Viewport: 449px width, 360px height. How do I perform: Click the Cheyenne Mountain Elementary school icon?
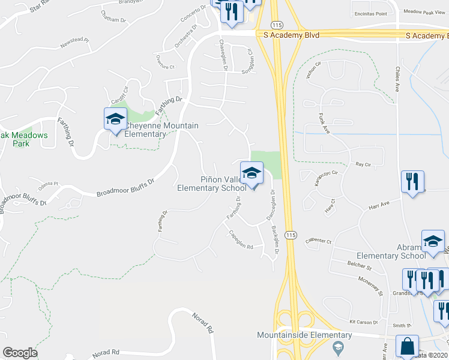[115, 119]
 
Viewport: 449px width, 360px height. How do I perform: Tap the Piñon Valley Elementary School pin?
[252, 173]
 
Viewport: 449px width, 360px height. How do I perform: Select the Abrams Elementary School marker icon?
[432, 242]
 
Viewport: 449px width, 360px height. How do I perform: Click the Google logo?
[20, 353]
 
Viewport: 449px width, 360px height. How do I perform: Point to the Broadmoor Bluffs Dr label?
[125, 186]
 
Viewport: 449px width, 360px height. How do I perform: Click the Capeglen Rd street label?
[240, 241]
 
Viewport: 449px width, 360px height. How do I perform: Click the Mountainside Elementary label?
[304, 335]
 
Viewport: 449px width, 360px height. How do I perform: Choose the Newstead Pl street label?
[74, 44]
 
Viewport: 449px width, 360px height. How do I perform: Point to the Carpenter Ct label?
[318, 241]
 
